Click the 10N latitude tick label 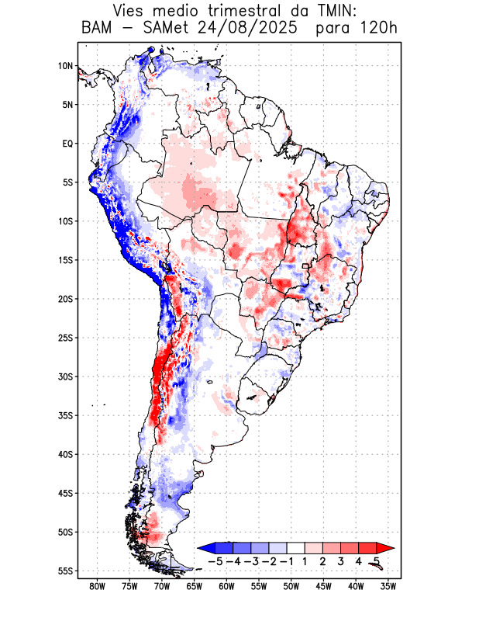click(x=65, y=66)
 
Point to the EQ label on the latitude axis click(x=67, y=144)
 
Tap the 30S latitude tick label click(x=65, y=376)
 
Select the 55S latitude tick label click(x=65, y=571)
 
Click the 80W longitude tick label click(x=97, y=586)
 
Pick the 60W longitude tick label click(x=226, y=586)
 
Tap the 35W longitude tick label click(x=388, y=586)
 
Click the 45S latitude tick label click(x=65, y=493)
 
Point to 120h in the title click(x=379, y=29)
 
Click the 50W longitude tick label click(x=291, y=586)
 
